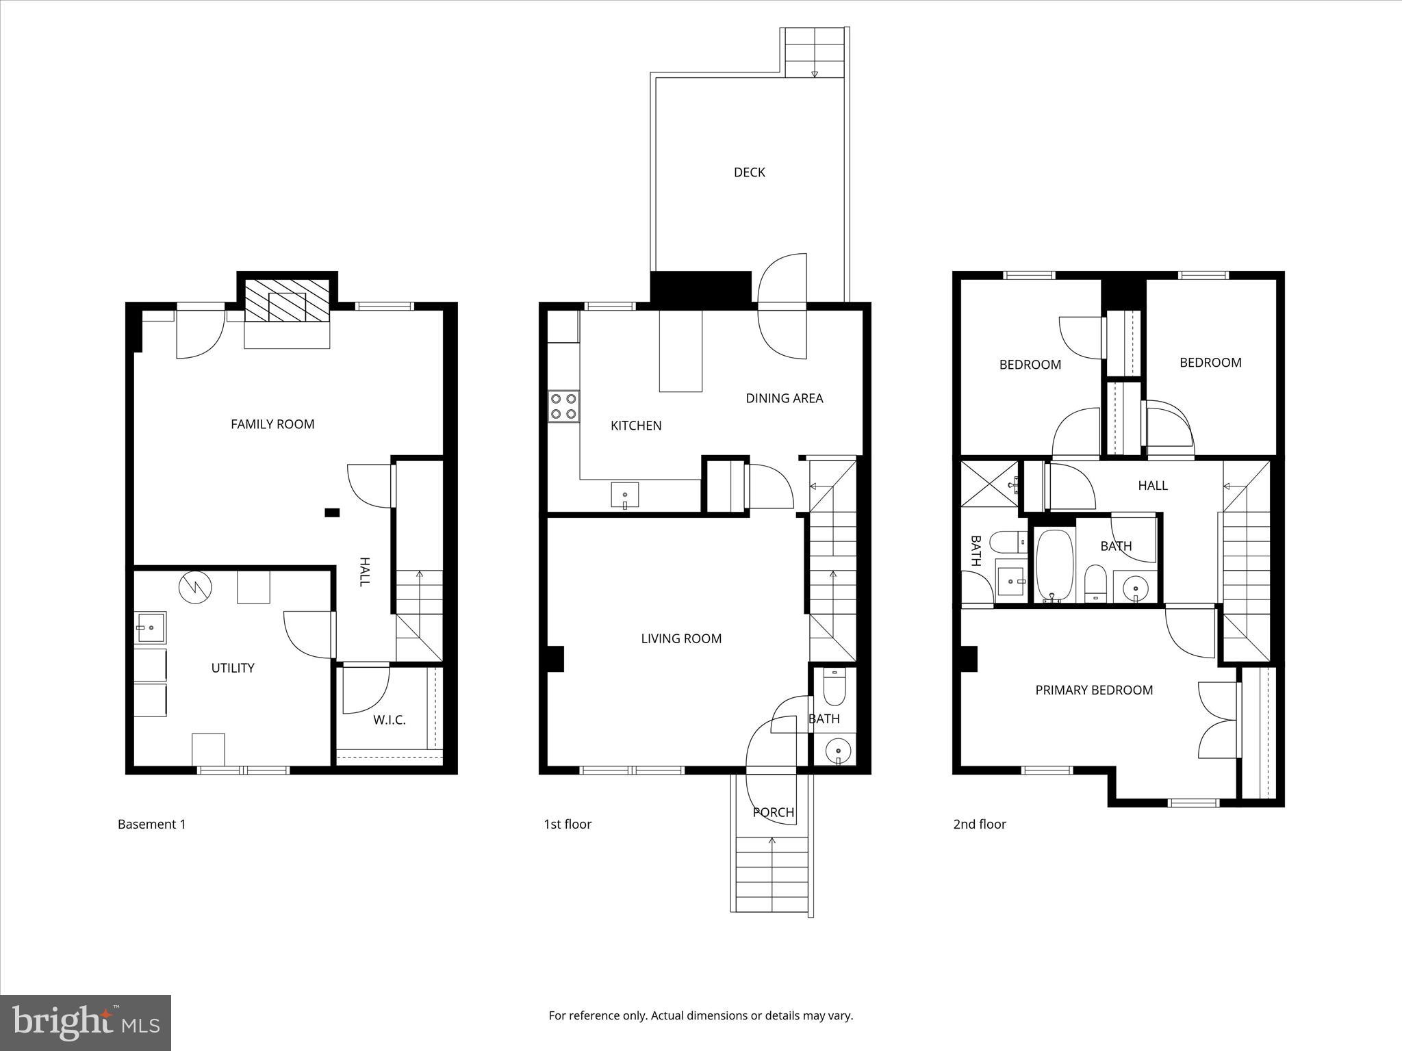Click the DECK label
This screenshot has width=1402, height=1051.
pyautogui.click(x=749, y=172)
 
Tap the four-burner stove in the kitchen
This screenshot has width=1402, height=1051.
pyautogui.click(x=563, y=406)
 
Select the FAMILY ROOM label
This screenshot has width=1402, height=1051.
pyautogui.click(x=272, y=424)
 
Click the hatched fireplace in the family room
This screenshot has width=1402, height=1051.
pyautogui.click(x=288, y=300)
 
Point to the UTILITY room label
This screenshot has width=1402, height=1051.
pyautogui.click(x=233, y=668)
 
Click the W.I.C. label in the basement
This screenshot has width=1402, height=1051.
pyautogui.click(x=389, y=720)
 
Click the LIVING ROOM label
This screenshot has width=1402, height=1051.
pyautogui.click(x=681, y=638)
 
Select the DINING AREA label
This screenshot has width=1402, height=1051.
pyautogui.click(x=784, y=398)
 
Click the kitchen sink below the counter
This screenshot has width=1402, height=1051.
pyautogui.click(x=624, y=495)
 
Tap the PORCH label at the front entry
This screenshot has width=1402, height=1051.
pyautogui.click(x=774, y=812)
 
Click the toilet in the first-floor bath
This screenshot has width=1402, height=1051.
pyautogui.click(x=834, y=687)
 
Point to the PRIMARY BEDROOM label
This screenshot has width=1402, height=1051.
pyautogui.click(x=1094, y=690)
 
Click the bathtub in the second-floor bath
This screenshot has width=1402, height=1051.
pyautogui.click(x=1053, y=565)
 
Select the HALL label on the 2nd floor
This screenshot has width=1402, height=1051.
pyautogui.click(x=1153, y=485)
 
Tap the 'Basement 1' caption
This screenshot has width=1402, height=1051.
pyautogui.click(x=151, y=824)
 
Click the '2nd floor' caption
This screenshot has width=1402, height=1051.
pyautogui.click(x=980, y=824)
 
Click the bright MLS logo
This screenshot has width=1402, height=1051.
pyautogui.click(x=85, y=1022)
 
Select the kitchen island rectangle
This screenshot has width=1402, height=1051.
pyautogui.click(x=680, y=350)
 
